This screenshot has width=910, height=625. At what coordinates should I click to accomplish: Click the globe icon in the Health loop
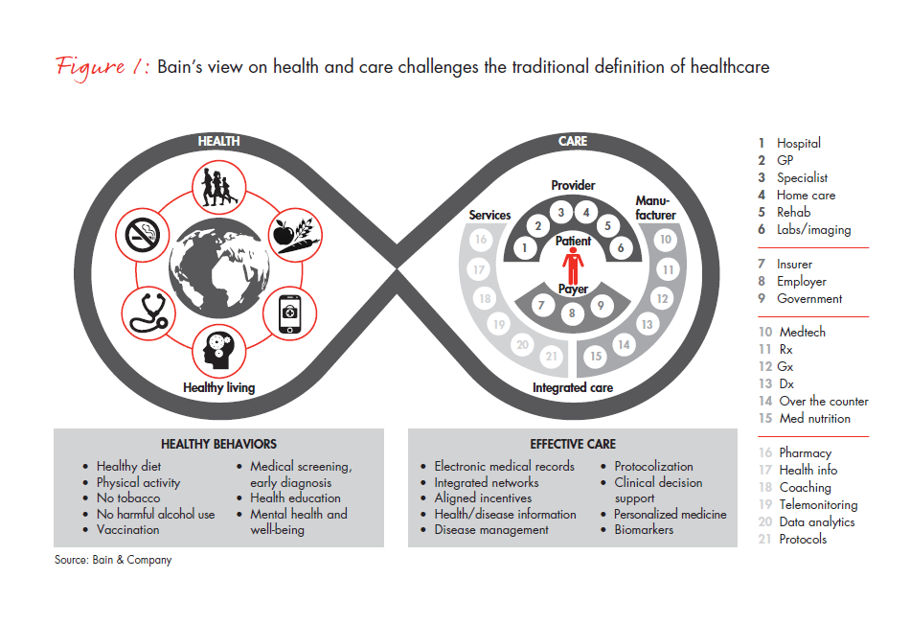point(218,266)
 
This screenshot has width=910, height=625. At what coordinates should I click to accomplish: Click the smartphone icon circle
point(291,311)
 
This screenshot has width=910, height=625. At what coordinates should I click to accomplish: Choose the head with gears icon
point(219,352)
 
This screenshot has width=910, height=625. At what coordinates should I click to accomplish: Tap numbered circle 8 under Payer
point(572,312)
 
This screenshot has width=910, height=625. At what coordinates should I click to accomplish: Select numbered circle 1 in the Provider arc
point(524,248)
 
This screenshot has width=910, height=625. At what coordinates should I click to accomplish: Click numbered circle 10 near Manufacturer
point(667,241)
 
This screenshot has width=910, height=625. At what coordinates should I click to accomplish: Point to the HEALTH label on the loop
point(218,141)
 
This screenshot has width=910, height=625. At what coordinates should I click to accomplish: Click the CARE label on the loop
point(573,141)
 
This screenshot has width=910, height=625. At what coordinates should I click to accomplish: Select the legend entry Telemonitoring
point(817,505)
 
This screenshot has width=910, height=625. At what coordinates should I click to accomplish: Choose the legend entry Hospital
point(798,143)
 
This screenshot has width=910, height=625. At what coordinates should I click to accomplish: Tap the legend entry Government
point(809,299)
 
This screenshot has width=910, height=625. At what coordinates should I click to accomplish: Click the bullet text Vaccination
point(127,529)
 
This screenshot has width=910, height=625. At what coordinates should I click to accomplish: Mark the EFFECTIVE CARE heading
point(573,445)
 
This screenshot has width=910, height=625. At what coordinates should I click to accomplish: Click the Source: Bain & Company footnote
point(113,560)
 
